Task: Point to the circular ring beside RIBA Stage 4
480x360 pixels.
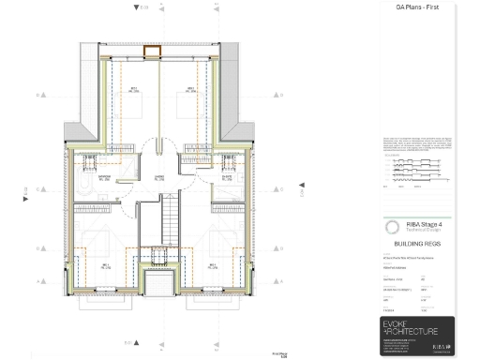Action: point(390,227)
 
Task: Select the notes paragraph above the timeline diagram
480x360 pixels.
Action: point(416,145)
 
